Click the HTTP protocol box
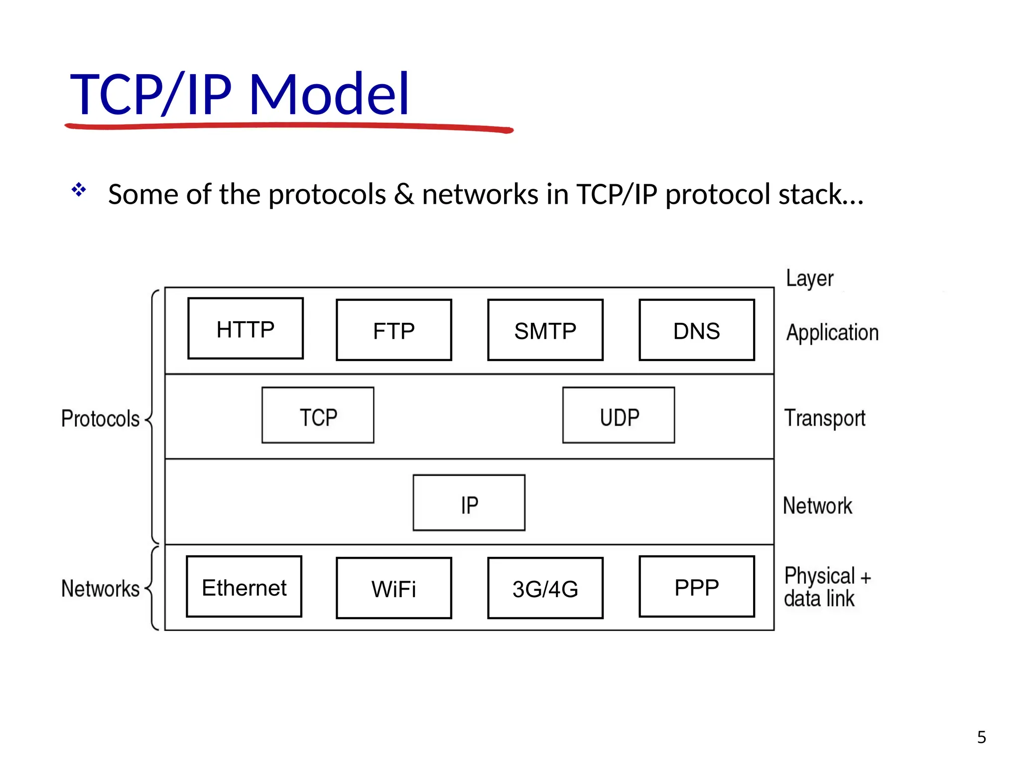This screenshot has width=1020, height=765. (246, 329)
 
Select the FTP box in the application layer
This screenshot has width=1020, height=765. (394, 330)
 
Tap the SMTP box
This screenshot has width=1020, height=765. (545, 330)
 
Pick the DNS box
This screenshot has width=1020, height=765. (697, 330)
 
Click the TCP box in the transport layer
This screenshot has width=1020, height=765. (318, 415)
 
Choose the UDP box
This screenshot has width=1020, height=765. (619, 415)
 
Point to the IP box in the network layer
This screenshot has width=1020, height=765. (469, 503)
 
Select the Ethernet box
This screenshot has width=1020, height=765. (244, 587)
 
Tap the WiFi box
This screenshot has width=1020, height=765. (394, 588)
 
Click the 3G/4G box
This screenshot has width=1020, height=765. (545, 588)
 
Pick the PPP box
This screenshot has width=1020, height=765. (697, 587)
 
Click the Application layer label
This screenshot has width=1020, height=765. (832, 333)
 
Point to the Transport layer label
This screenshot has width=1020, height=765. (825, 418)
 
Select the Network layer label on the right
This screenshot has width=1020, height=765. (817, 506)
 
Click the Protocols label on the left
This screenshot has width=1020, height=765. (101, 418)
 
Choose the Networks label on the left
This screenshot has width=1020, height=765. (101, 589)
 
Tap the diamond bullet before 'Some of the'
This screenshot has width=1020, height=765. (79, 189)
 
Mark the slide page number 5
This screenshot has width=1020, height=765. (981, 737)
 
